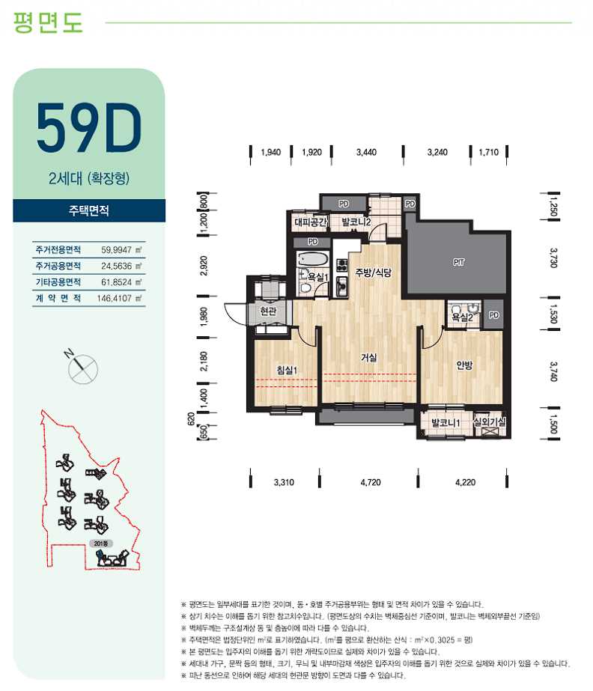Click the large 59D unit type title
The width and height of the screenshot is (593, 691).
tap(88, 127)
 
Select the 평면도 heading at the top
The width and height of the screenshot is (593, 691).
tap(48, 22)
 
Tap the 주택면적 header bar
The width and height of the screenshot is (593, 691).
tap(89, 210)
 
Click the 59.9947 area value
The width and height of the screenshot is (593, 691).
tap(116, 250)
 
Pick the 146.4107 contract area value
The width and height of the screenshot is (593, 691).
tap(115, 299)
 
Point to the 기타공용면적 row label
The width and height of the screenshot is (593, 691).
tap(58, 282)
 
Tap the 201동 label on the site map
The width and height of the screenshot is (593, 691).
tap(100, 544)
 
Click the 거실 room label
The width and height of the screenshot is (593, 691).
tap(368, 357)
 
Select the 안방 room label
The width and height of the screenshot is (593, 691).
tap(464, 365)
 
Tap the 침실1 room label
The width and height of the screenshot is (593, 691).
tap(287, 370)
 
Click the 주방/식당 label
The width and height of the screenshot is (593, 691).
tap(373, 273)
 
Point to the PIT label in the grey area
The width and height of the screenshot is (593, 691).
tap(458, 262)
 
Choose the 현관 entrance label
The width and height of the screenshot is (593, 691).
tap(269, 311)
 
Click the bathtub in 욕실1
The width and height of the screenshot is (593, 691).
tap(311, 258)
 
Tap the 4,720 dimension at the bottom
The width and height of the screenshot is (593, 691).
tap(371, 482)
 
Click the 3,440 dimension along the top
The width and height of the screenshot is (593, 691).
tap(366, 152)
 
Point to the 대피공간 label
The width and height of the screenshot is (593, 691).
tap(311, 222)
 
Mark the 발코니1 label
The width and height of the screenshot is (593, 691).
tap(445, 423)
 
